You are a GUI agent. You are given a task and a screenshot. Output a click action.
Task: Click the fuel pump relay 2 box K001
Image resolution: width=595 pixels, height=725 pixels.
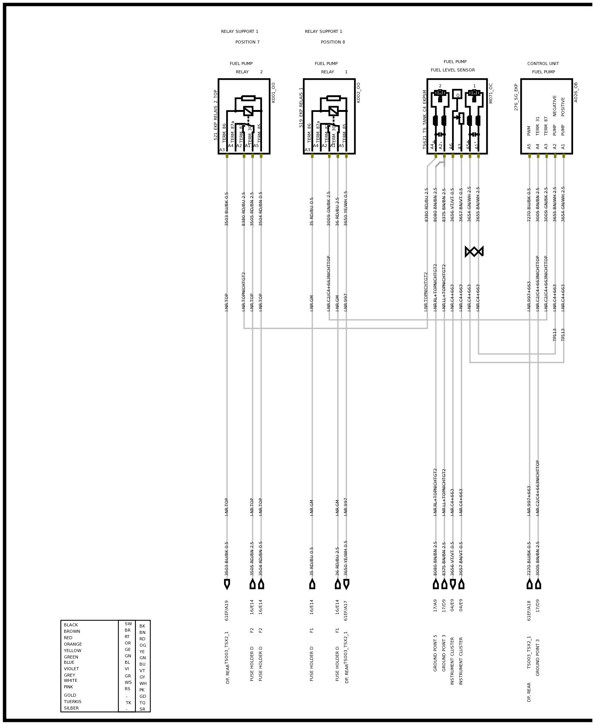click(244, 116)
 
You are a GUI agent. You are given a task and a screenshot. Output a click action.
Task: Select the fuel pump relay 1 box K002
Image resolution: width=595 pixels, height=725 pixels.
click(329, 116)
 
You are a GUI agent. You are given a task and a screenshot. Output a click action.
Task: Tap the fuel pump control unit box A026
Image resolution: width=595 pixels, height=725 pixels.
click(546, 116)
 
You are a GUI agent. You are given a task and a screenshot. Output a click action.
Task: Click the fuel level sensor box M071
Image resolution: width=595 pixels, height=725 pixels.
click(457, 116)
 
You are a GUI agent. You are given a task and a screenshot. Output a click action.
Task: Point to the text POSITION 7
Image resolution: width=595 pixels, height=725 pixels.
click(247, 42)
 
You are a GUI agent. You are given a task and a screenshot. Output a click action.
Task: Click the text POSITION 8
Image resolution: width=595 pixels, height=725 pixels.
click(333, 42)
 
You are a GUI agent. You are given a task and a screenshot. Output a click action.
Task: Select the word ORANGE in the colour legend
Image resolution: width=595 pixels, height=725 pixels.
click(73, 644)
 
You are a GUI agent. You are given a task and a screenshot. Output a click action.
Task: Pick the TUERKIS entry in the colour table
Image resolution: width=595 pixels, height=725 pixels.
click(73, 702)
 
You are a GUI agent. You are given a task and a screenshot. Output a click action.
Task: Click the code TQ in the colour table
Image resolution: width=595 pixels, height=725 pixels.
click(142, 703)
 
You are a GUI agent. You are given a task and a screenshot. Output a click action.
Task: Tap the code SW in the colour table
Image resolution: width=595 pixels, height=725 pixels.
click(128, 624)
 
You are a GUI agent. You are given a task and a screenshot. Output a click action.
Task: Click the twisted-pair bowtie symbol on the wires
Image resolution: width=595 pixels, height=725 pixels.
click(474, 251)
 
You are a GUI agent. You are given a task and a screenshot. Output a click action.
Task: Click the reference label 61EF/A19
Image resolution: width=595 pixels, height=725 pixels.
click(227, 610)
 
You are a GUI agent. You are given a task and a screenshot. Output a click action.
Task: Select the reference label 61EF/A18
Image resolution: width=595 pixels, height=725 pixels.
click(529, 610)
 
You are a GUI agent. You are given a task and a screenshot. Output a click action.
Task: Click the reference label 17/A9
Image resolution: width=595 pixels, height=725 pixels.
click(435, 605)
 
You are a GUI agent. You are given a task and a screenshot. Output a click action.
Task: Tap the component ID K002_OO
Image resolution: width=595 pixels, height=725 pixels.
click(358, 93)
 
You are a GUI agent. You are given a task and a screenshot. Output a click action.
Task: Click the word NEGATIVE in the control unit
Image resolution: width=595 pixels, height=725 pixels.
click(555, 105)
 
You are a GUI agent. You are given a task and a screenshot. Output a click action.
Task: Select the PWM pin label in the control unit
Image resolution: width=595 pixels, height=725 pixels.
click(529, 130)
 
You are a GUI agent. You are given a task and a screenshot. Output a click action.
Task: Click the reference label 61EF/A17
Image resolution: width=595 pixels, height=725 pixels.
click(346, 610)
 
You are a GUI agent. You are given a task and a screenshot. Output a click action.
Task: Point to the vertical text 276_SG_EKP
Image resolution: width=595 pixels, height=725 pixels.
click(516, 97)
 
